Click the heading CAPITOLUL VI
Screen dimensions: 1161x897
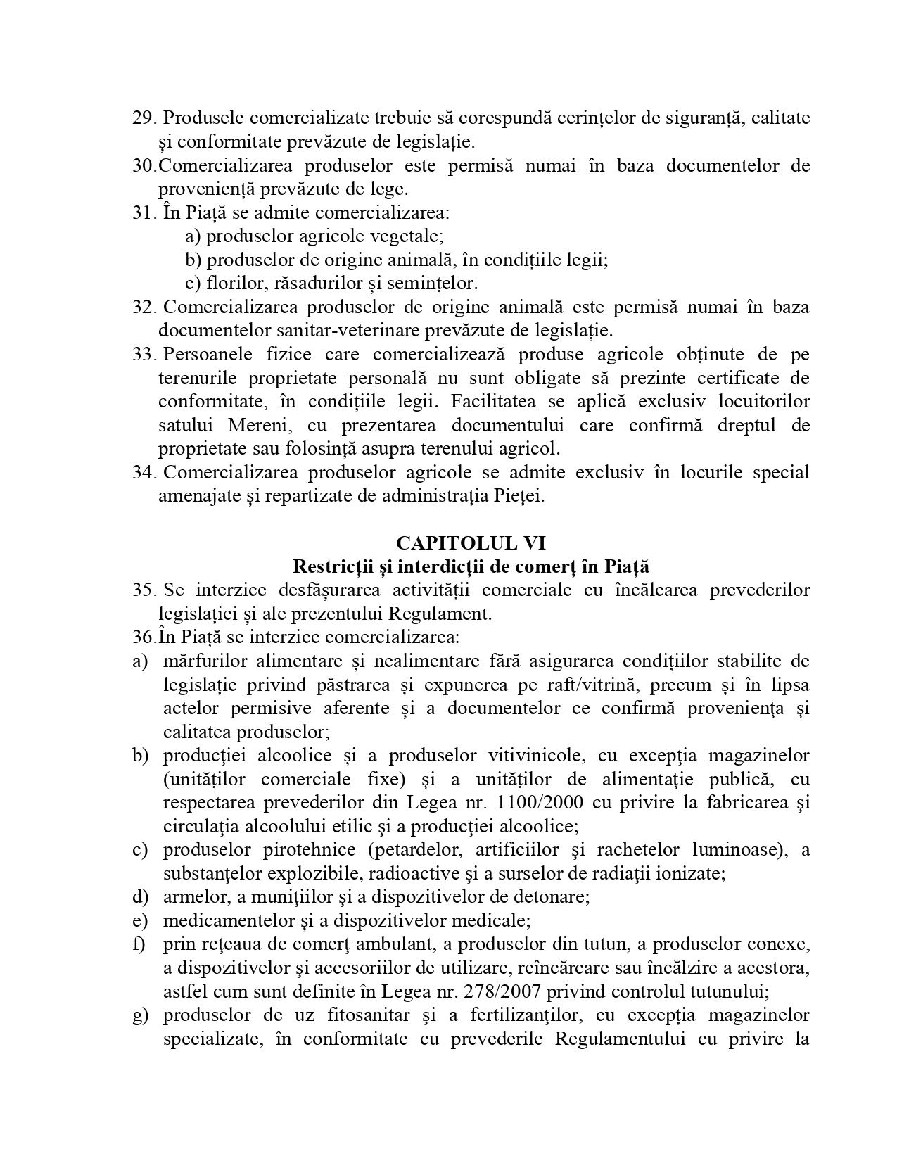click(x=471, y=543)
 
